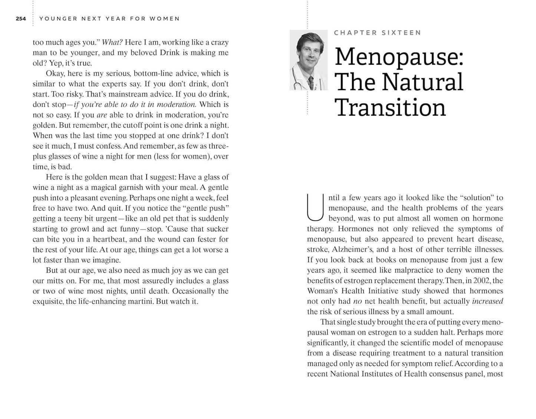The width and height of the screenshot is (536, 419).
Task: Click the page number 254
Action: coord(21,19)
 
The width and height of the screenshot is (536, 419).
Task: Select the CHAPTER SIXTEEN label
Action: coord(377,33)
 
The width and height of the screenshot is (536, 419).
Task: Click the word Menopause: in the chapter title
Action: coord(399,57)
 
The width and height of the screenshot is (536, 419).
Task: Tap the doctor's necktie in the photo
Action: coord(311,82)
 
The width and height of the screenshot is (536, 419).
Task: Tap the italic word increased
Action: coord(487,301)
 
